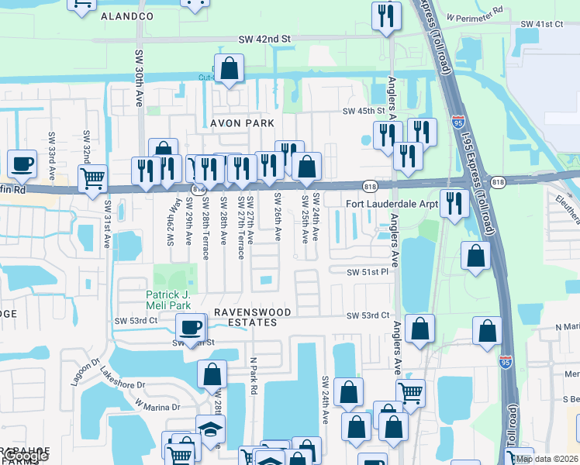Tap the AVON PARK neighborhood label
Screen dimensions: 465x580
pyautogui.click(x=242, y=123)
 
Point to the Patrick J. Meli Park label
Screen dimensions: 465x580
pyautogui.click(x=174, y=300)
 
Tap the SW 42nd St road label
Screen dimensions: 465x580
pyautogui.click(x=264, y=38)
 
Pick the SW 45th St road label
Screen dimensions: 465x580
pyautogui.click(x=364, y=111)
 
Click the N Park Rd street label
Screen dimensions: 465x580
pyautogui.click(x=253, y=377)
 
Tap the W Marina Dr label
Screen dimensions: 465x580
pyautogui.click(x=157, y=405)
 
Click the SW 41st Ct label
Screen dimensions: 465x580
pyautogui.click(x=540, y=25)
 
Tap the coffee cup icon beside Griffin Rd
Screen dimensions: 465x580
pyautogui.click(x=22, y=164)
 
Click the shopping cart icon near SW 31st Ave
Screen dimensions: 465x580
pyautogui.click(x=92, y=178)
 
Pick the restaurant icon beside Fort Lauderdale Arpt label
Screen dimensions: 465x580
pyautogui.click(x=454, y=203)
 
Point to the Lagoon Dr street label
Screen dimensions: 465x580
pyautogui.click(x=74, y=366)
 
